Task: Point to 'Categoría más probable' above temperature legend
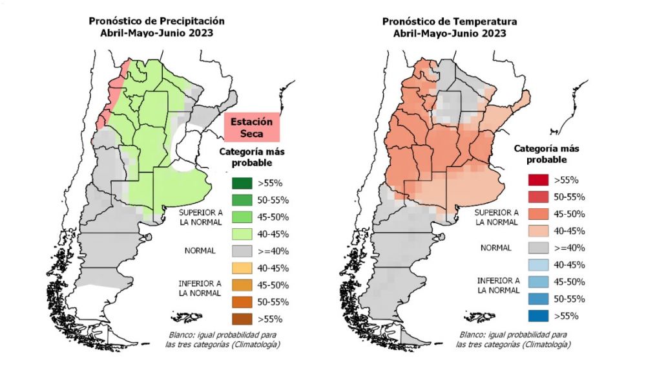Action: [x=547, y=153]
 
